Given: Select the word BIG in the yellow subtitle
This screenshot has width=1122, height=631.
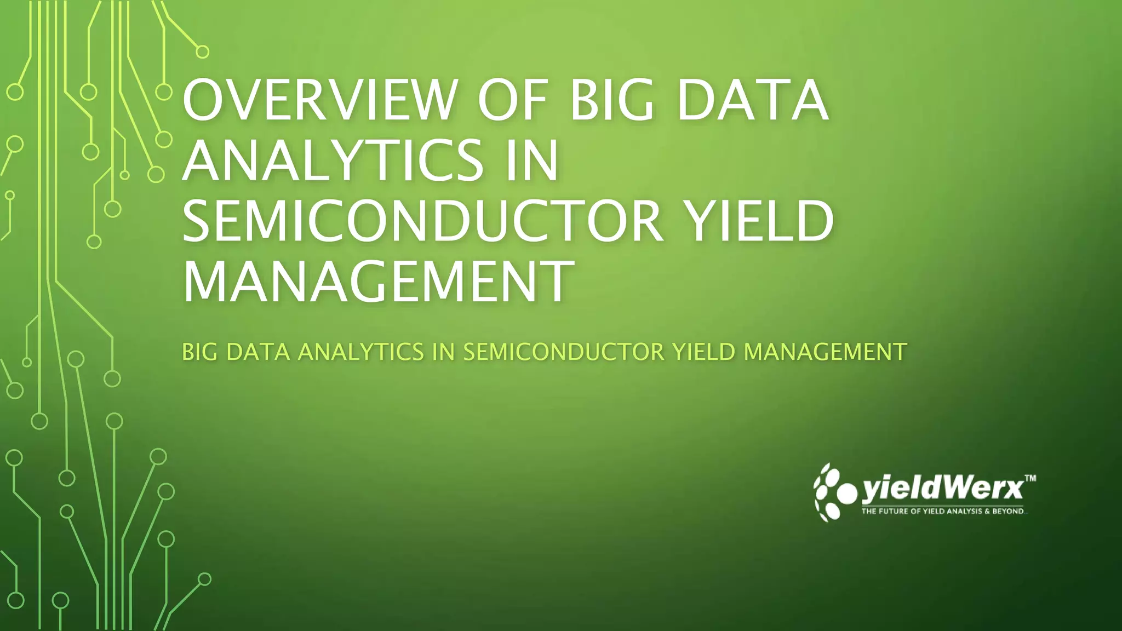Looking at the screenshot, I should pos(200,352).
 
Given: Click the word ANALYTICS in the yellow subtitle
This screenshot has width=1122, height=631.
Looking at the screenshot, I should pos(360,352).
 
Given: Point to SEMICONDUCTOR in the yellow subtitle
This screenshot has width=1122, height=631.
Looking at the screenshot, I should pos(564,352).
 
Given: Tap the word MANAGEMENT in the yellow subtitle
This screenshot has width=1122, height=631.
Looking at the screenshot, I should pos(825,352).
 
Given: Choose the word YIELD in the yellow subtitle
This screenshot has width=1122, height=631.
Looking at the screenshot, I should pos(703,352).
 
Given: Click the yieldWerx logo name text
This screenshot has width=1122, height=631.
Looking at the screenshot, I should pos(942,489).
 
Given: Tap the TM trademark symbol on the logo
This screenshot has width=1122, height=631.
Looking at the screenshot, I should pos(1030,479).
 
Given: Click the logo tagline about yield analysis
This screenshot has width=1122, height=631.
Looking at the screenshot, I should pos(942,512).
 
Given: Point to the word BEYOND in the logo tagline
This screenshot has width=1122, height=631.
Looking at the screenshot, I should pos(1007,512).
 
